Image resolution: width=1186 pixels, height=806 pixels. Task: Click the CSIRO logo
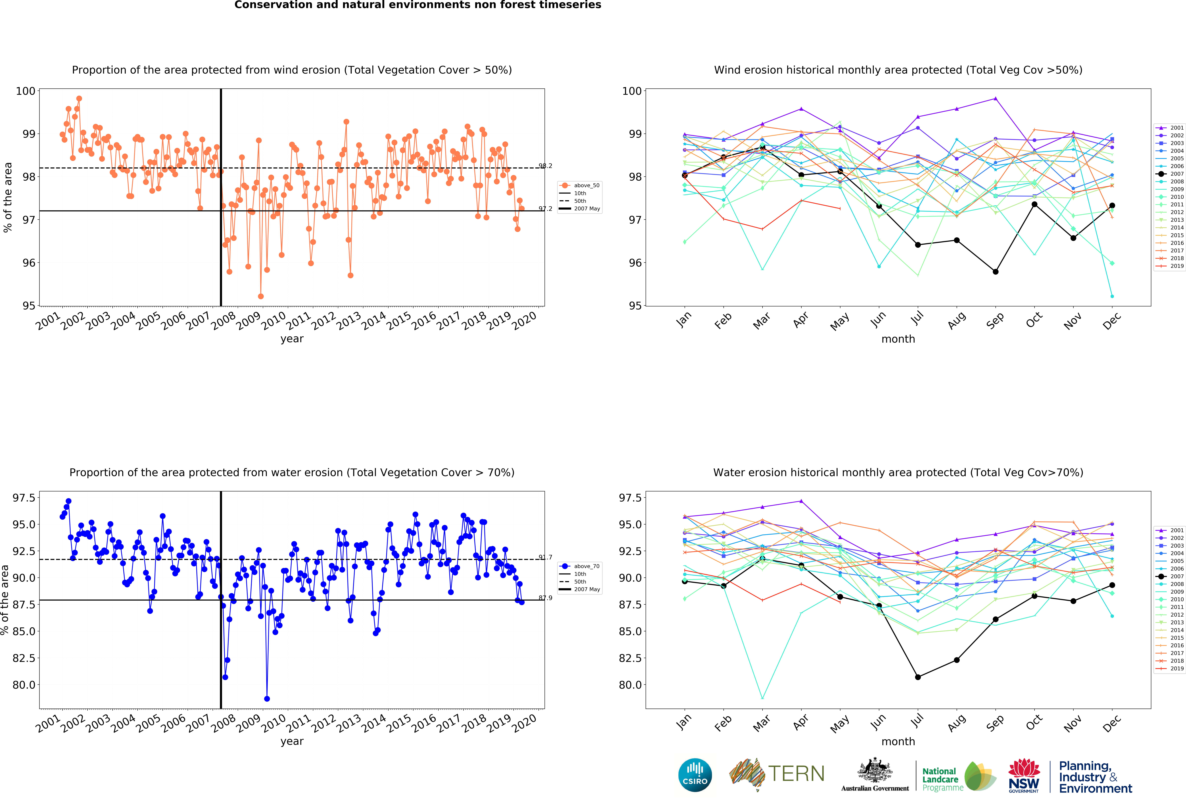(695, 775)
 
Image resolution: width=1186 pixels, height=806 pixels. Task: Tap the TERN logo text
(796, 774)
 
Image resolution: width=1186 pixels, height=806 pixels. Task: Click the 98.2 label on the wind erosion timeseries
(545, 166)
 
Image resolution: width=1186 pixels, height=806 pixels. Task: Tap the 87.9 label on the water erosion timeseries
(545, 598)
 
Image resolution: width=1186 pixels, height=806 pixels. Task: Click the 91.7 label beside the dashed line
(545, 557)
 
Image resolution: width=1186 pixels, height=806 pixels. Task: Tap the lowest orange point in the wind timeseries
(261, 296)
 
